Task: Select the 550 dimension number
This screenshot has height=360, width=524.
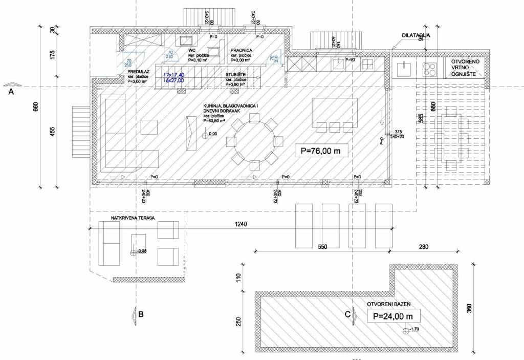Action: tap(322, 247)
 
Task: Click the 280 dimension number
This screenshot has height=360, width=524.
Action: tap(423, 247)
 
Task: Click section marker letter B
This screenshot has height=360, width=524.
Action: tap(140, 316)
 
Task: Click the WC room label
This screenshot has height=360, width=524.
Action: tap(192, 51)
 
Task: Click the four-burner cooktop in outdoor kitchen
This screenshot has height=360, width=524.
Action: tap(429, 68)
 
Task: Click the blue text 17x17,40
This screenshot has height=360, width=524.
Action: tap(173, 75)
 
